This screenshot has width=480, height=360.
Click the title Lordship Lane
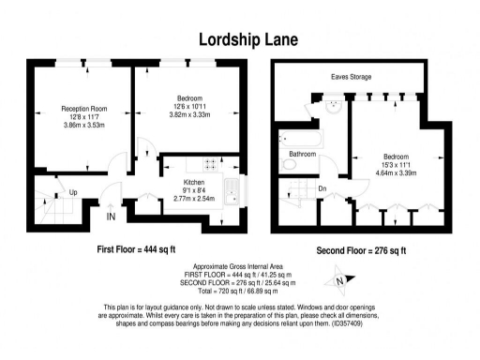pyautogui.click(x=239, y=38)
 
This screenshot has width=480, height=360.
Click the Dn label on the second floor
pyautogui.click(x=322, y=189)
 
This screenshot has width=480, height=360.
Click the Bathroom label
pyautogui.click(x=302, y=153)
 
